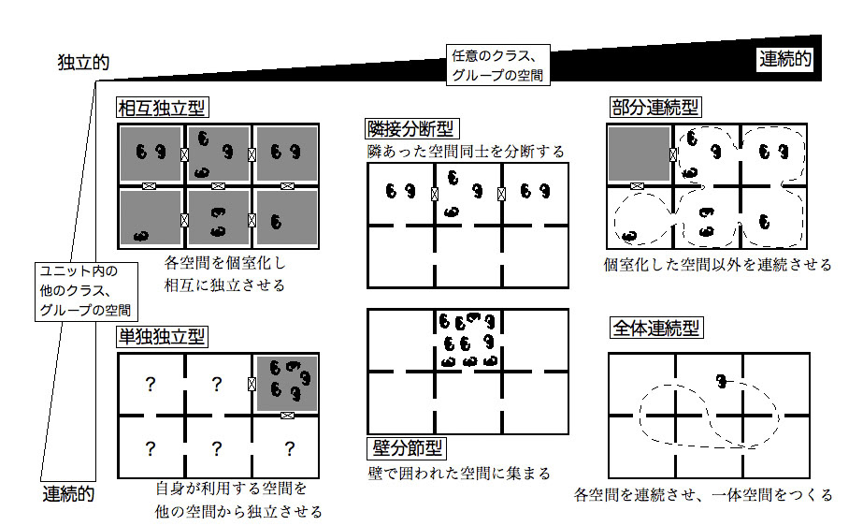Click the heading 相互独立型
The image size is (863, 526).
point(161,109)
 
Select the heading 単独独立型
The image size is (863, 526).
point(161,336)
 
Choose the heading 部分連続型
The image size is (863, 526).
point(654,109)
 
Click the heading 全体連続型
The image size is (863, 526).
point(654,328)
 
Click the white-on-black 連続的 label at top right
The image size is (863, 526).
point(784,60)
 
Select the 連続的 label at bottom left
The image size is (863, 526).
point(68,493)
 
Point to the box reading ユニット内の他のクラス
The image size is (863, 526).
point(86,289)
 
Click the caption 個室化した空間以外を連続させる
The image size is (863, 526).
point(717,265)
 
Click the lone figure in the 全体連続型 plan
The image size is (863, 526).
point(722,381)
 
